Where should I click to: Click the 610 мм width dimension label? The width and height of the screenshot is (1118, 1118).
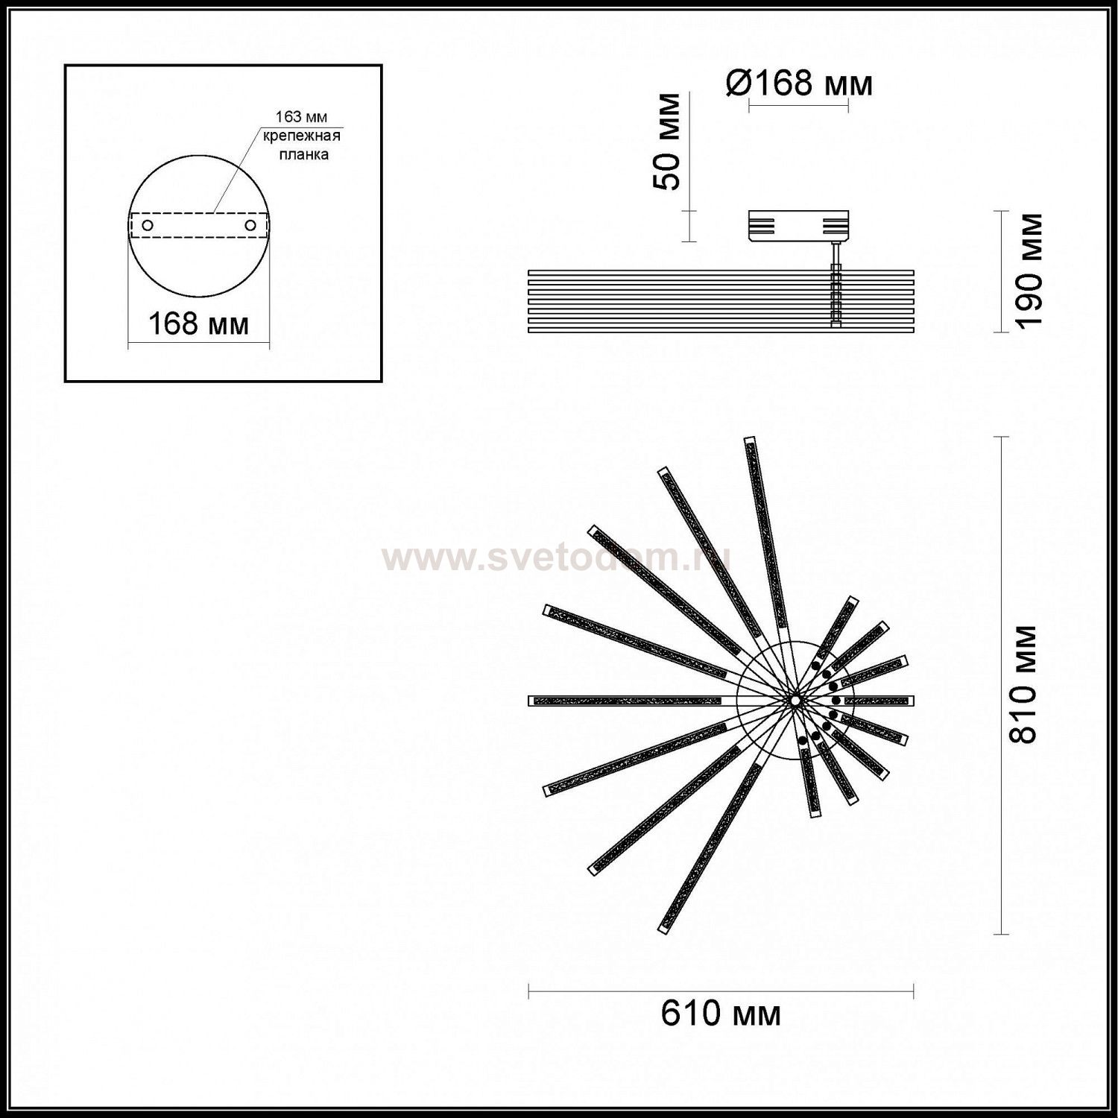(x=721, y=1014)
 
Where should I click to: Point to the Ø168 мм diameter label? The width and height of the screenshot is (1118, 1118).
(x=798, y=83)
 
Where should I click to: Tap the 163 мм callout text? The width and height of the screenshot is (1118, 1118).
(x=301, y=116)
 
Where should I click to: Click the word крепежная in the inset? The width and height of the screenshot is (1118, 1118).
(x=301, y=136)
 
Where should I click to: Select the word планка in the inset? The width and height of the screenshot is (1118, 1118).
(x=303, y=154)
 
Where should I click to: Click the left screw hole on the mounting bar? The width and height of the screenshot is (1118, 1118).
(x=148, y=224)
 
